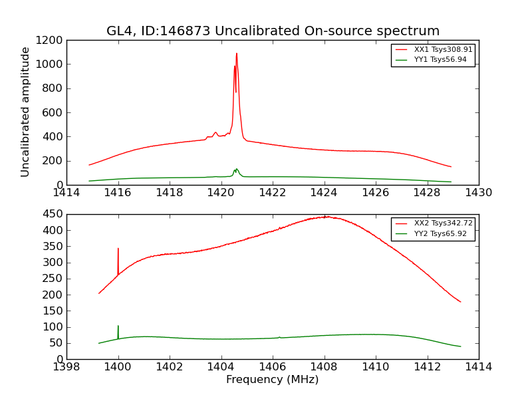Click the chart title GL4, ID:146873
click(273, 31)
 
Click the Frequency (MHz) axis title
click(273, 380)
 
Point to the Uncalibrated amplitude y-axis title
click(26, 112)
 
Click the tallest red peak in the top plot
click(236, 54)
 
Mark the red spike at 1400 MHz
click(118, 249)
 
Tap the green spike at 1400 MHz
click(118, 326)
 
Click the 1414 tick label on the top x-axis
click(66, 193)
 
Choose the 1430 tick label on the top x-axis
click(479, 193)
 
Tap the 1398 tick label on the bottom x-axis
click(66, 367)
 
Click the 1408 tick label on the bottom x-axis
click(325, 367)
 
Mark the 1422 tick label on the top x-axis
click(273, 193)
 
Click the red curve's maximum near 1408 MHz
click(325, 217)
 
